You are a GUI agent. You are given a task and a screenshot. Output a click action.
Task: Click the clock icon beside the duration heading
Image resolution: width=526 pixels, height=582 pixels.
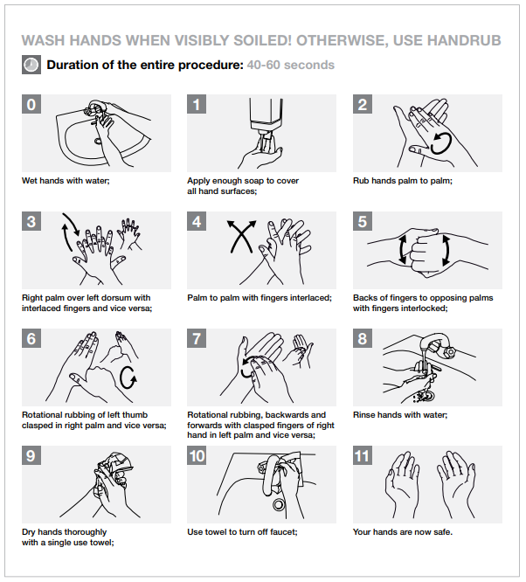pyautogui.click(x=31, y=65)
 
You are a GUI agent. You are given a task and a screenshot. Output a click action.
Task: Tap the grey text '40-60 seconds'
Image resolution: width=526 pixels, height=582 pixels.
pyautogui.click(x=291, y=65)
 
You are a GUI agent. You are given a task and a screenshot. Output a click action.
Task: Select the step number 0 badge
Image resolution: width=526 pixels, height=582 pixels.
pyautogui.click(x=31, y=104)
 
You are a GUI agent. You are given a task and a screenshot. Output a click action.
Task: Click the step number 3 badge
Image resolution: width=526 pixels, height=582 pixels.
pyautogui.click(x=31, y=221)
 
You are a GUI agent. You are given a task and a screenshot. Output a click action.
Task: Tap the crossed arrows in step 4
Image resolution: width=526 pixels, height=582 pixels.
pyautogui.click(x=242, y=237)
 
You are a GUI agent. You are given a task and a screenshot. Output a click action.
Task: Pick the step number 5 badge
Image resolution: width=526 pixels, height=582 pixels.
pyautogui.click(x=363, y=221)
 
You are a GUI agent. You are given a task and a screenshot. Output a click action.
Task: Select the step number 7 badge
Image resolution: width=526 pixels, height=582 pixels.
pyautogui.click(x=197, y=338)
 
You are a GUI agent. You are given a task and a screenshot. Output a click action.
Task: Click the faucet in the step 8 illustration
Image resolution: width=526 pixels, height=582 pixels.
pyautogui.click(x=437, y=345)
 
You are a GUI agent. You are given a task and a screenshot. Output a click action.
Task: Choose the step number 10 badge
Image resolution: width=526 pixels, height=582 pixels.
pyautogui.click(x=197, y=455)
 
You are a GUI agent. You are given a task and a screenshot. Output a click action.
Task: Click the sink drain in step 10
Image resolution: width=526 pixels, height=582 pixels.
pyautogui.click(x=279, y=505)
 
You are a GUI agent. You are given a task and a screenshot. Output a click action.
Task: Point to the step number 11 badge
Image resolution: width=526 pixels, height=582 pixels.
pyautogui.click(x=363, y=455)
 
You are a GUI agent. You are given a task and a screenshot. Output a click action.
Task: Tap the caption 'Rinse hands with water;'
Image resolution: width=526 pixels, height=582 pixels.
pyautogui.click(x=400, y=415)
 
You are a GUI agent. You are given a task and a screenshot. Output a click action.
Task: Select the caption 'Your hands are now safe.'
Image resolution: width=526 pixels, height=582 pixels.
pyautogui.click(x=403, y=532)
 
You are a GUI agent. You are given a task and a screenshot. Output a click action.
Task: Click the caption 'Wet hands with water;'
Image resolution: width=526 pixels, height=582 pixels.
pyautogui.click(x=66, y=181)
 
